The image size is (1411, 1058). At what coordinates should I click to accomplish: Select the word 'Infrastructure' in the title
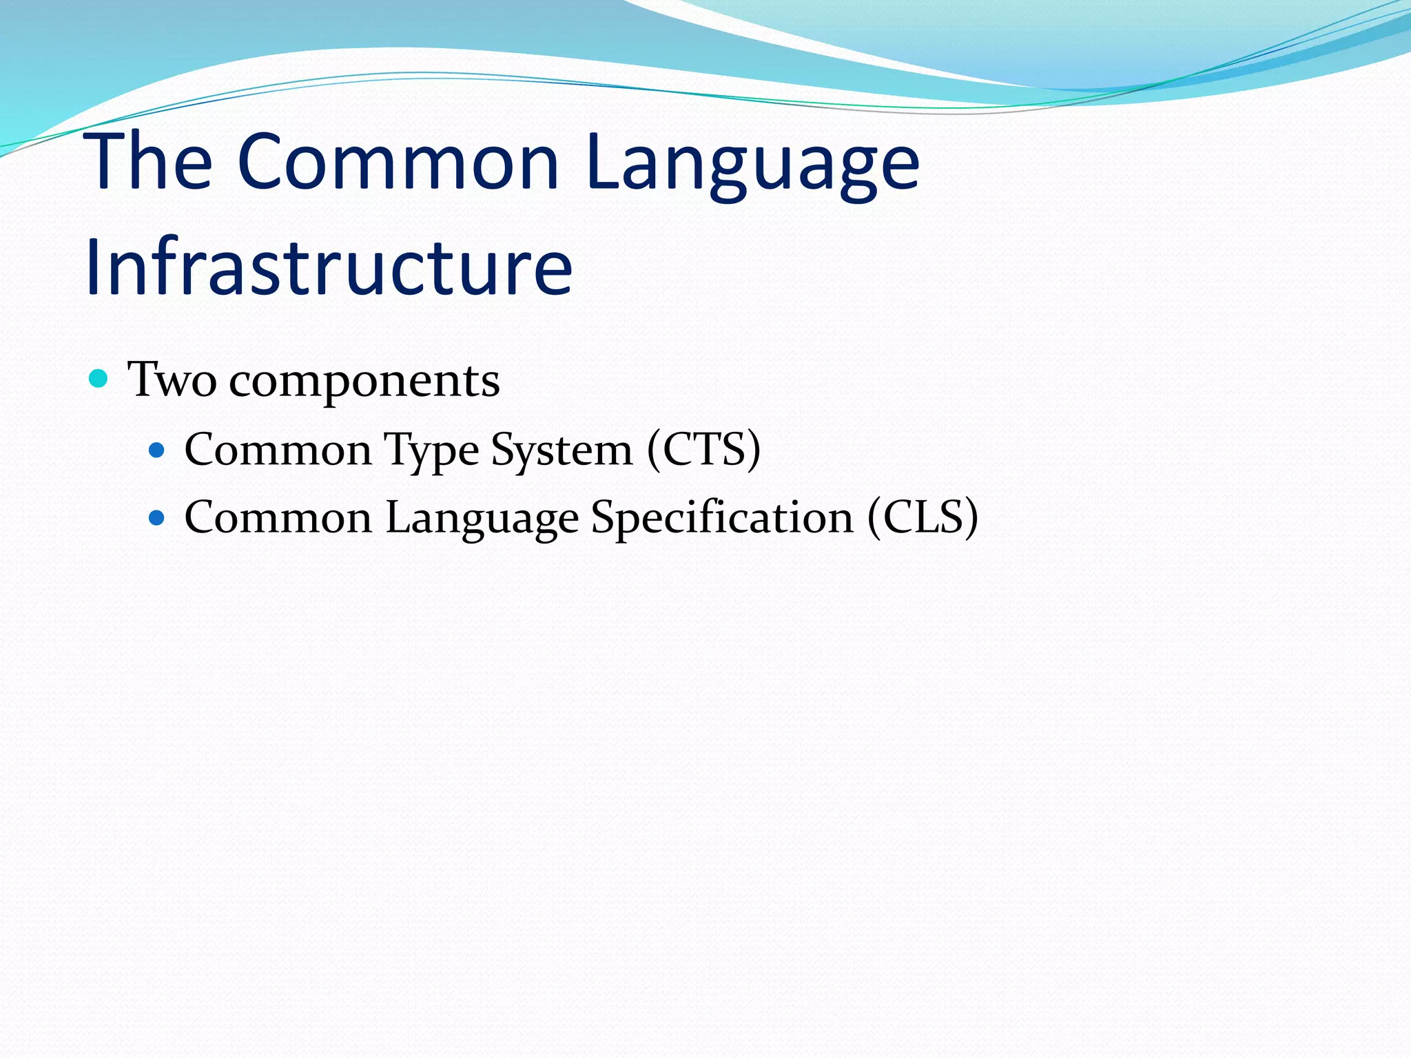point(329,267)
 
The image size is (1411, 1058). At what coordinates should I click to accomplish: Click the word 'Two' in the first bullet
point(172,380)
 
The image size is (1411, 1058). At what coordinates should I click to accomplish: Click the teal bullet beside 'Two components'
point(99,379)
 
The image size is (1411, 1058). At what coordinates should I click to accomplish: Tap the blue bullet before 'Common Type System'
point(157,450)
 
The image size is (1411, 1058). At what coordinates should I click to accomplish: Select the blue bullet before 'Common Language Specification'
point(157,518)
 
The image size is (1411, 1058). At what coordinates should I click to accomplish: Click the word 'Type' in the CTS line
point(431,451)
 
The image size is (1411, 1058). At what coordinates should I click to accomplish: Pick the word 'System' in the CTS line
point(562,451)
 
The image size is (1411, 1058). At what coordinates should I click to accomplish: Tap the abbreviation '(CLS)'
point(923,517)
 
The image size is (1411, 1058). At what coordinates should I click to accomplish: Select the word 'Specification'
point(722,519)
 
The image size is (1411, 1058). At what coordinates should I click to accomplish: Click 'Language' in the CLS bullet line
point(482,519)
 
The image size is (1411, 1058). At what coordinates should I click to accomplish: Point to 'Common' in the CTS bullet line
point(278,450)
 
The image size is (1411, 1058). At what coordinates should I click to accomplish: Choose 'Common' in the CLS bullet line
point(278,517)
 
